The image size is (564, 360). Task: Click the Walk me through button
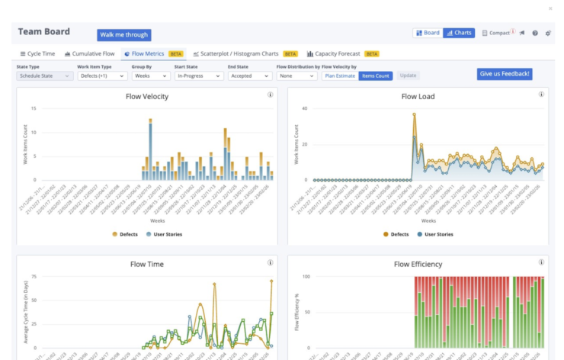[x=123, y=35]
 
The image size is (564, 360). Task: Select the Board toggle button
[x=428, y=33]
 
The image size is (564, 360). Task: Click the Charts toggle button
[x=459, y=33]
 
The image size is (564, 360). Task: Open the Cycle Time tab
[x=37, y=54]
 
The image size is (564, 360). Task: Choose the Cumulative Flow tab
[x=90, y=54]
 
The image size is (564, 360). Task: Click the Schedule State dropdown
[x=45, y=76]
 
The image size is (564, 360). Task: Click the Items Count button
[x=375, y=76]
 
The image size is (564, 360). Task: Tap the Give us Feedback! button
[x=505, y=74]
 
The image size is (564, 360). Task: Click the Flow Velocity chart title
[x=146, y=97]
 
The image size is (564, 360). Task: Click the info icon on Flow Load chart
[x=541, y=95]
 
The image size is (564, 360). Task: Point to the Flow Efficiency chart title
[x=418, y=265]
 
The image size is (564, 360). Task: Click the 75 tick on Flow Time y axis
[x=33, y=277]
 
